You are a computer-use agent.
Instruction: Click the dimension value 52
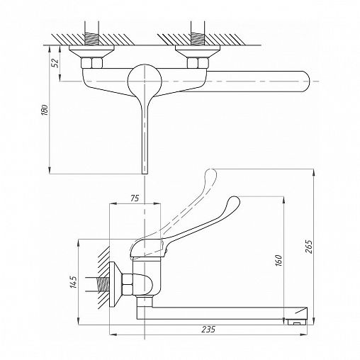tap(55, 62)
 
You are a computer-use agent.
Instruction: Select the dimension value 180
tap(45, 109)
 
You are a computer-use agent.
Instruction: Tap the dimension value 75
tap(135, 198)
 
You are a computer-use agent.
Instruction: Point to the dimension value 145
tap(74, 281)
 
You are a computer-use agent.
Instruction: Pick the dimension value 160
tap(279, 260)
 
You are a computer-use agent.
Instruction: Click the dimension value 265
tap(309, 247)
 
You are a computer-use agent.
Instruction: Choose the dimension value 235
tap(208, 330)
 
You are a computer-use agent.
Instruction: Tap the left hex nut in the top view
tap(91, 63)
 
